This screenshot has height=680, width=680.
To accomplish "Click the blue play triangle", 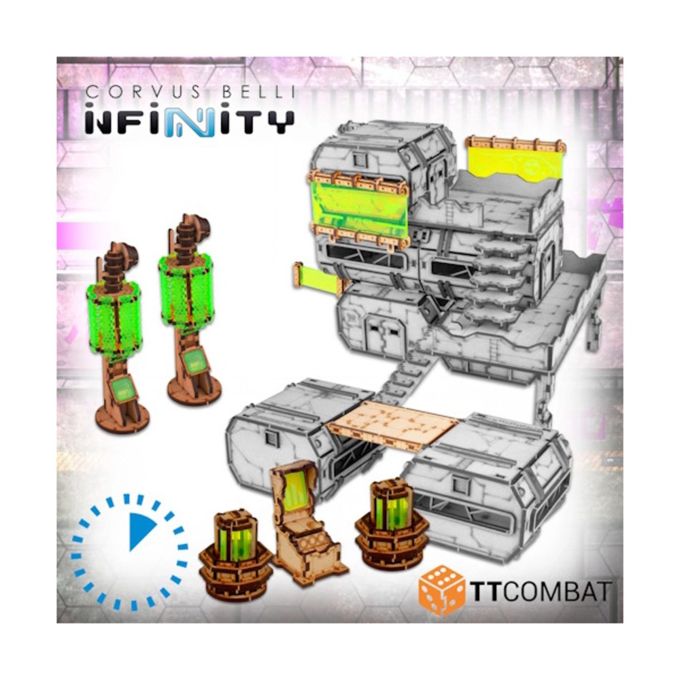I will tap(141, 531).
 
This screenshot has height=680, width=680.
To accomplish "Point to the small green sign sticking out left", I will tap(316, 279).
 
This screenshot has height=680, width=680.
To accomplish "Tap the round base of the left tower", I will tap(122, 418).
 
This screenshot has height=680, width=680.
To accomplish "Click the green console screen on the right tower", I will tap(195, 360).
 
